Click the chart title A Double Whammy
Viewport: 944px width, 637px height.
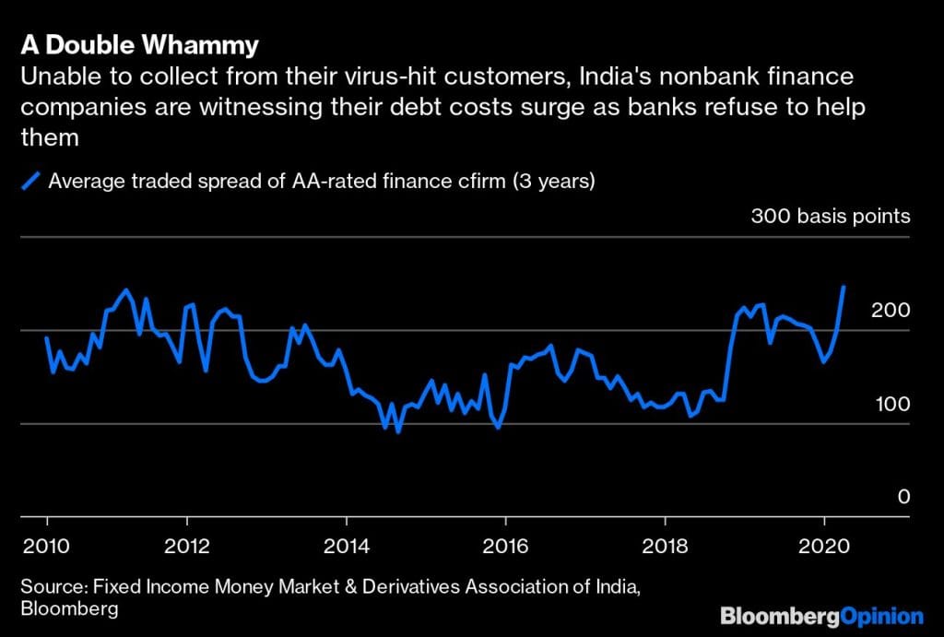click(139, 45)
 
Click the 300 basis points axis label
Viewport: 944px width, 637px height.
click(831, 217)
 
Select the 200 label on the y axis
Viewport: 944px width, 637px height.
click(891, 310)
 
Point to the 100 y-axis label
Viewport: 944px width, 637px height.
click(891, 404)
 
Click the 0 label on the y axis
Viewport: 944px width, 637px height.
click(903, 497)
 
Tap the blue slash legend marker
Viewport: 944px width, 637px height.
click(32, 182)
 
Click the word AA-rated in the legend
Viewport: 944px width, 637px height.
click(319, 182)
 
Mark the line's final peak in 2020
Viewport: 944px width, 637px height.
click(844, 287)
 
